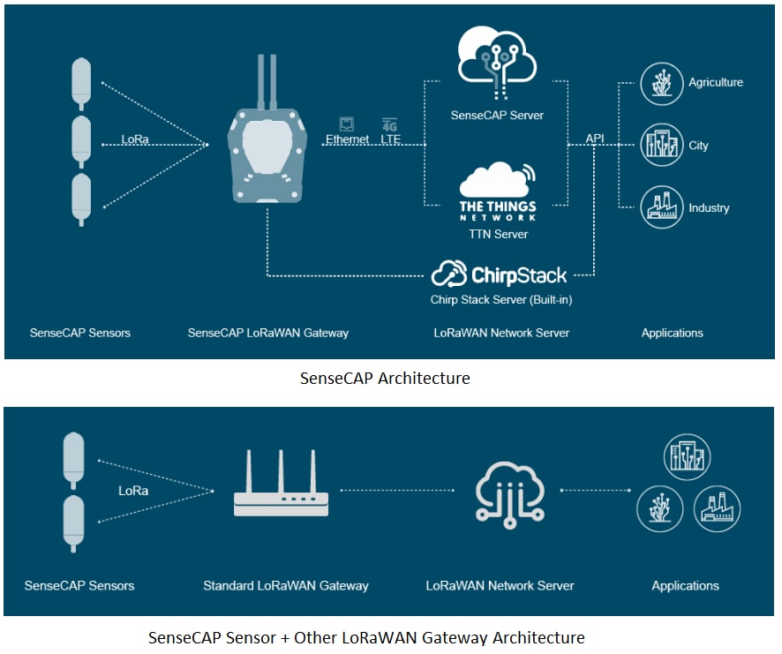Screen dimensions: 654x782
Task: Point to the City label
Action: (x=698, y=146)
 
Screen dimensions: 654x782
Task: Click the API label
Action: (x=596, y=139)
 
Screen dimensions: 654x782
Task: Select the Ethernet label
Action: (x=348, y=139)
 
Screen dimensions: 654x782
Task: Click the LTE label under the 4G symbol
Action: (x=390, y=139)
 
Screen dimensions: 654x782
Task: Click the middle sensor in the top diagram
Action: (x=81, y=141)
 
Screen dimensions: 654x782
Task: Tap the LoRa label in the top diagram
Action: (x=136, y=139)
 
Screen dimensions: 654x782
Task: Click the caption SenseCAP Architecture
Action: (x=385, y=378)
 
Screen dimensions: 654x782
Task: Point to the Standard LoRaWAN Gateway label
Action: (x=285, y=585)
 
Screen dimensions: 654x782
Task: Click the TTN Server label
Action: (x=499, y=234)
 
